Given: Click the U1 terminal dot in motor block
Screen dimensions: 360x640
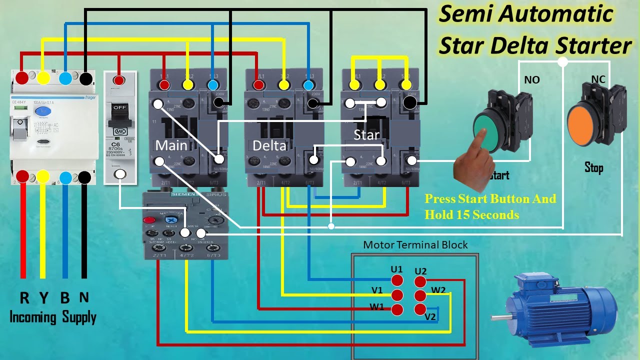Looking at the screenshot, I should (396, 280).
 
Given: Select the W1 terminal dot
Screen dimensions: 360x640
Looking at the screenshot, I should (396, 309).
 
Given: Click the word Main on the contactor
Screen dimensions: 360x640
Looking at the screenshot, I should (171, 145).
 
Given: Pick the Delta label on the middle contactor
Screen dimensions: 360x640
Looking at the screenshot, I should (269, 145).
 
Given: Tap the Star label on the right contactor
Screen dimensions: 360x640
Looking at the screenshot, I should (366, 134).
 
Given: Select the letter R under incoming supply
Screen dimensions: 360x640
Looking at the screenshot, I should (24, 298).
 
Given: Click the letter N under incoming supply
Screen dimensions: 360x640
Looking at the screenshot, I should (84, 297).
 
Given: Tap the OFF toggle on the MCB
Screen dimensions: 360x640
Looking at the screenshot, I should (120, 108).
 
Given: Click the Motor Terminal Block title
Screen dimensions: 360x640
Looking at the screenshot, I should (415, 245).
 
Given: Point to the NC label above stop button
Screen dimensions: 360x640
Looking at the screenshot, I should (598, 79).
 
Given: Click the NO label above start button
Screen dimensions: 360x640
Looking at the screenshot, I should (531, 80).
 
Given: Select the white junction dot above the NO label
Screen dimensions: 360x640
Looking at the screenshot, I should (562, 61).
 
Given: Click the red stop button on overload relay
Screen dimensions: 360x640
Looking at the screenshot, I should (148, 220).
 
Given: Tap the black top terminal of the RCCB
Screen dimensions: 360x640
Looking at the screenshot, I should (85, 78).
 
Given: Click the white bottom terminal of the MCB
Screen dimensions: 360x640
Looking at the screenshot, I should (120, 174).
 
